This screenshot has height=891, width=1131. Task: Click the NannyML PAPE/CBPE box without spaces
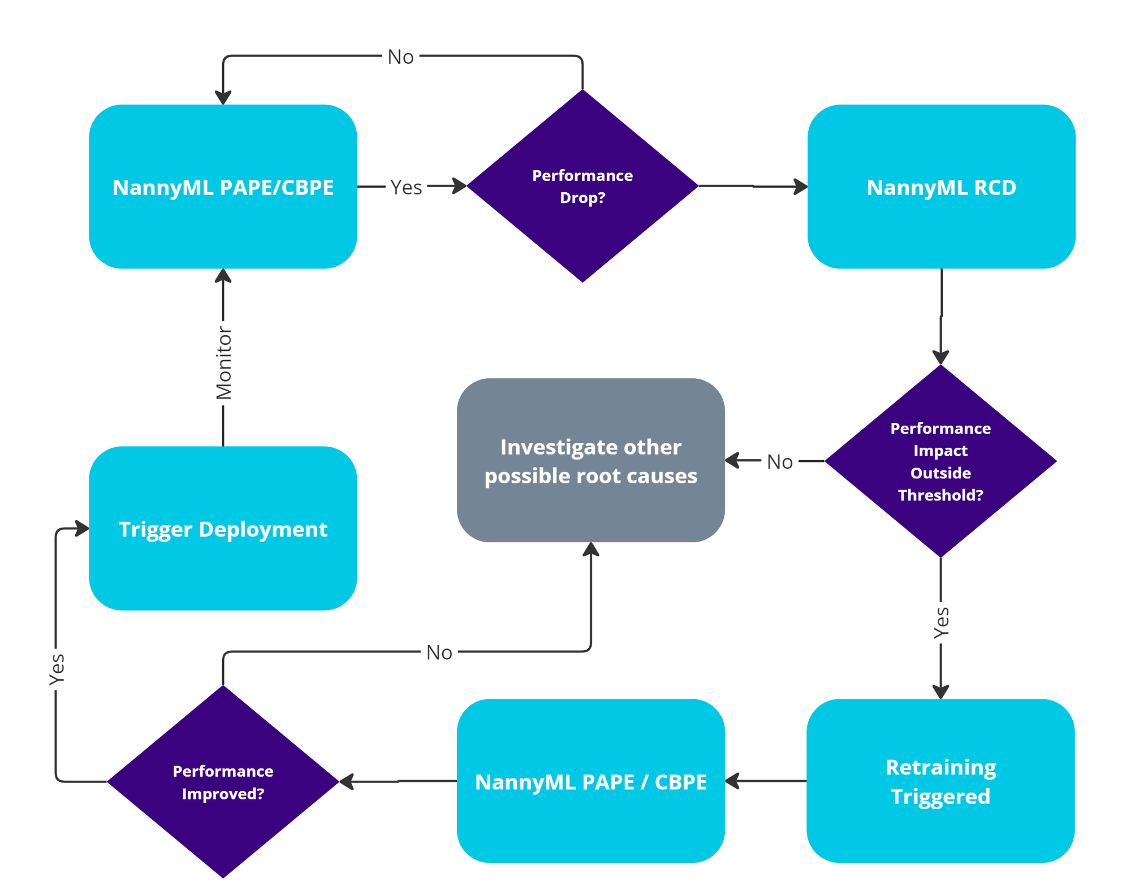223,187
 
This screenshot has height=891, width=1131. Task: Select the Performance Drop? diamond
582,186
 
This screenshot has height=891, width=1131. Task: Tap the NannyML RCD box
941,187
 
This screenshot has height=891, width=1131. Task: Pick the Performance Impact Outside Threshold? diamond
940,461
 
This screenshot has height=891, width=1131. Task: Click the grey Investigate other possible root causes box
590,460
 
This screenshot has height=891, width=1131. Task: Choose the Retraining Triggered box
940,781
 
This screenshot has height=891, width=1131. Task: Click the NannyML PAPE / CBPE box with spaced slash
590,781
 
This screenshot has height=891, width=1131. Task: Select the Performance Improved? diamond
223,782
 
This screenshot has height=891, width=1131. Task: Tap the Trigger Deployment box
223,529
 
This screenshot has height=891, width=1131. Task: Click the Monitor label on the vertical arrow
224,363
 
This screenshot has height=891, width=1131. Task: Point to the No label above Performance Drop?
400,57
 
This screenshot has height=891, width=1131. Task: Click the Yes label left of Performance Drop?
406,187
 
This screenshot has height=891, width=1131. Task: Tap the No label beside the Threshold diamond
779,462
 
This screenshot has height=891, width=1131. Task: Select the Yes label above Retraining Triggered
941,622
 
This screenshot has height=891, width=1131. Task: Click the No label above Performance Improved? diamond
439,652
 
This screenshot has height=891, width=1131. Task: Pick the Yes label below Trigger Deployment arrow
57,669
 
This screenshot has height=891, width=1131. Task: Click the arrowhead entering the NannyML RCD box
801,187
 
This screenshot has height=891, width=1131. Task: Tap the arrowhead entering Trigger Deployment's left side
83,529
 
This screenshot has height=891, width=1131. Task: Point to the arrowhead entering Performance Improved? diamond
346,781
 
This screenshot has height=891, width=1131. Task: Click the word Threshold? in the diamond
940,495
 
